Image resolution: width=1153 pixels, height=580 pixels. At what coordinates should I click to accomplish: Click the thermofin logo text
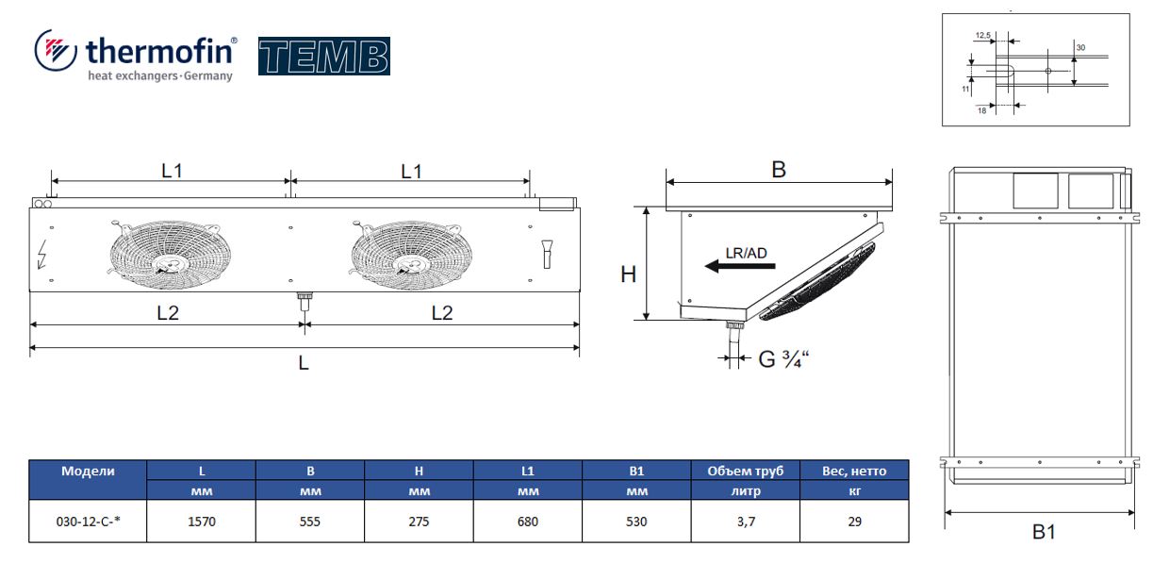[160, 51]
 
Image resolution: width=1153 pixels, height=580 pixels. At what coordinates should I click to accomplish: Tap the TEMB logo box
[324, 57]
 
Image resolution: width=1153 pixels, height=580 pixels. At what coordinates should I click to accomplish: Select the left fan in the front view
[171, 254]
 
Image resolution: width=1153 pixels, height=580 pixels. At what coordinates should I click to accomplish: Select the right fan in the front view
[411, 255]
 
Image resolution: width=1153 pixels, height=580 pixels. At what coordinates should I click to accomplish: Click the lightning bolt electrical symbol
[42, 254]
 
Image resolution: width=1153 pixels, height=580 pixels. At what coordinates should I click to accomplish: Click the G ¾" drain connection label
[783, 359]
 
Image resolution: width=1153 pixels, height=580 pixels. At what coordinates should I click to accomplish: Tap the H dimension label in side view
[629, 274]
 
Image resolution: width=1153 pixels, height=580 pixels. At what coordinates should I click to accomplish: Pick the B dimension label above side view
[779, 170]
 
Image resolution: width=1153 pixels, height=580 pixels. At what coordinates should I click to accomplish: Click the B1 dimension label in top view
[1044, 532]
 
